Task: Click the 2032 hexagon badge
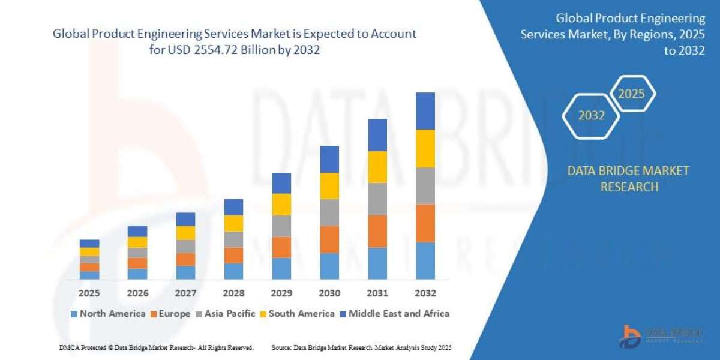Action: click(592, 116)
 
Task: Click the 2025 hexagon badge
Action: click(631, 94)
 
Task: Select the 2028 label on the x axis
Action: click(233, 293)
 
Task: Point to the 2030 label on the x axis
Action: click(329, 293)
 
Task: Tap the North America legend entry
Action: click(108, 313)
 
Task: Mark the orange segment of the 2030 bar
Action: click(329, 239)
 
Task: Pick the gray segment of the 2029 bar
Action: click(281, 226)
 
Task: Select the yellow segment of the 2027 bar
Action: click(185, 233)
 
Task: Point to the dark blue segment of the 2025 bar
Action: click(89, 244)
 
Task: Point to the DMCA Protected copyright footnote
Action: click(156, 347)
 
